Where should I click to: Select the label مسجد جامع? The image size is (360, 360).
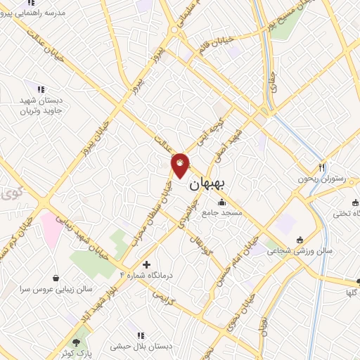(221, 213)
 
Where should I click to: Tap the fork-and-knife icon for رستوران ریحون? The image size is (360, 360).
(321, 167)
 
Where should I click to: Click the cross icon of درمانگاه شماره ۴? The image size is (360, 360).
(146, 264)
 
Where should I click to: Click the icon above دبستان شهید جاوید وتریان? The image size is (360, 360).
(41, 89)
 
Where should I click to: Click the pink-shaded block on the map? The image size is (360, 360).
(51, 229)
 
